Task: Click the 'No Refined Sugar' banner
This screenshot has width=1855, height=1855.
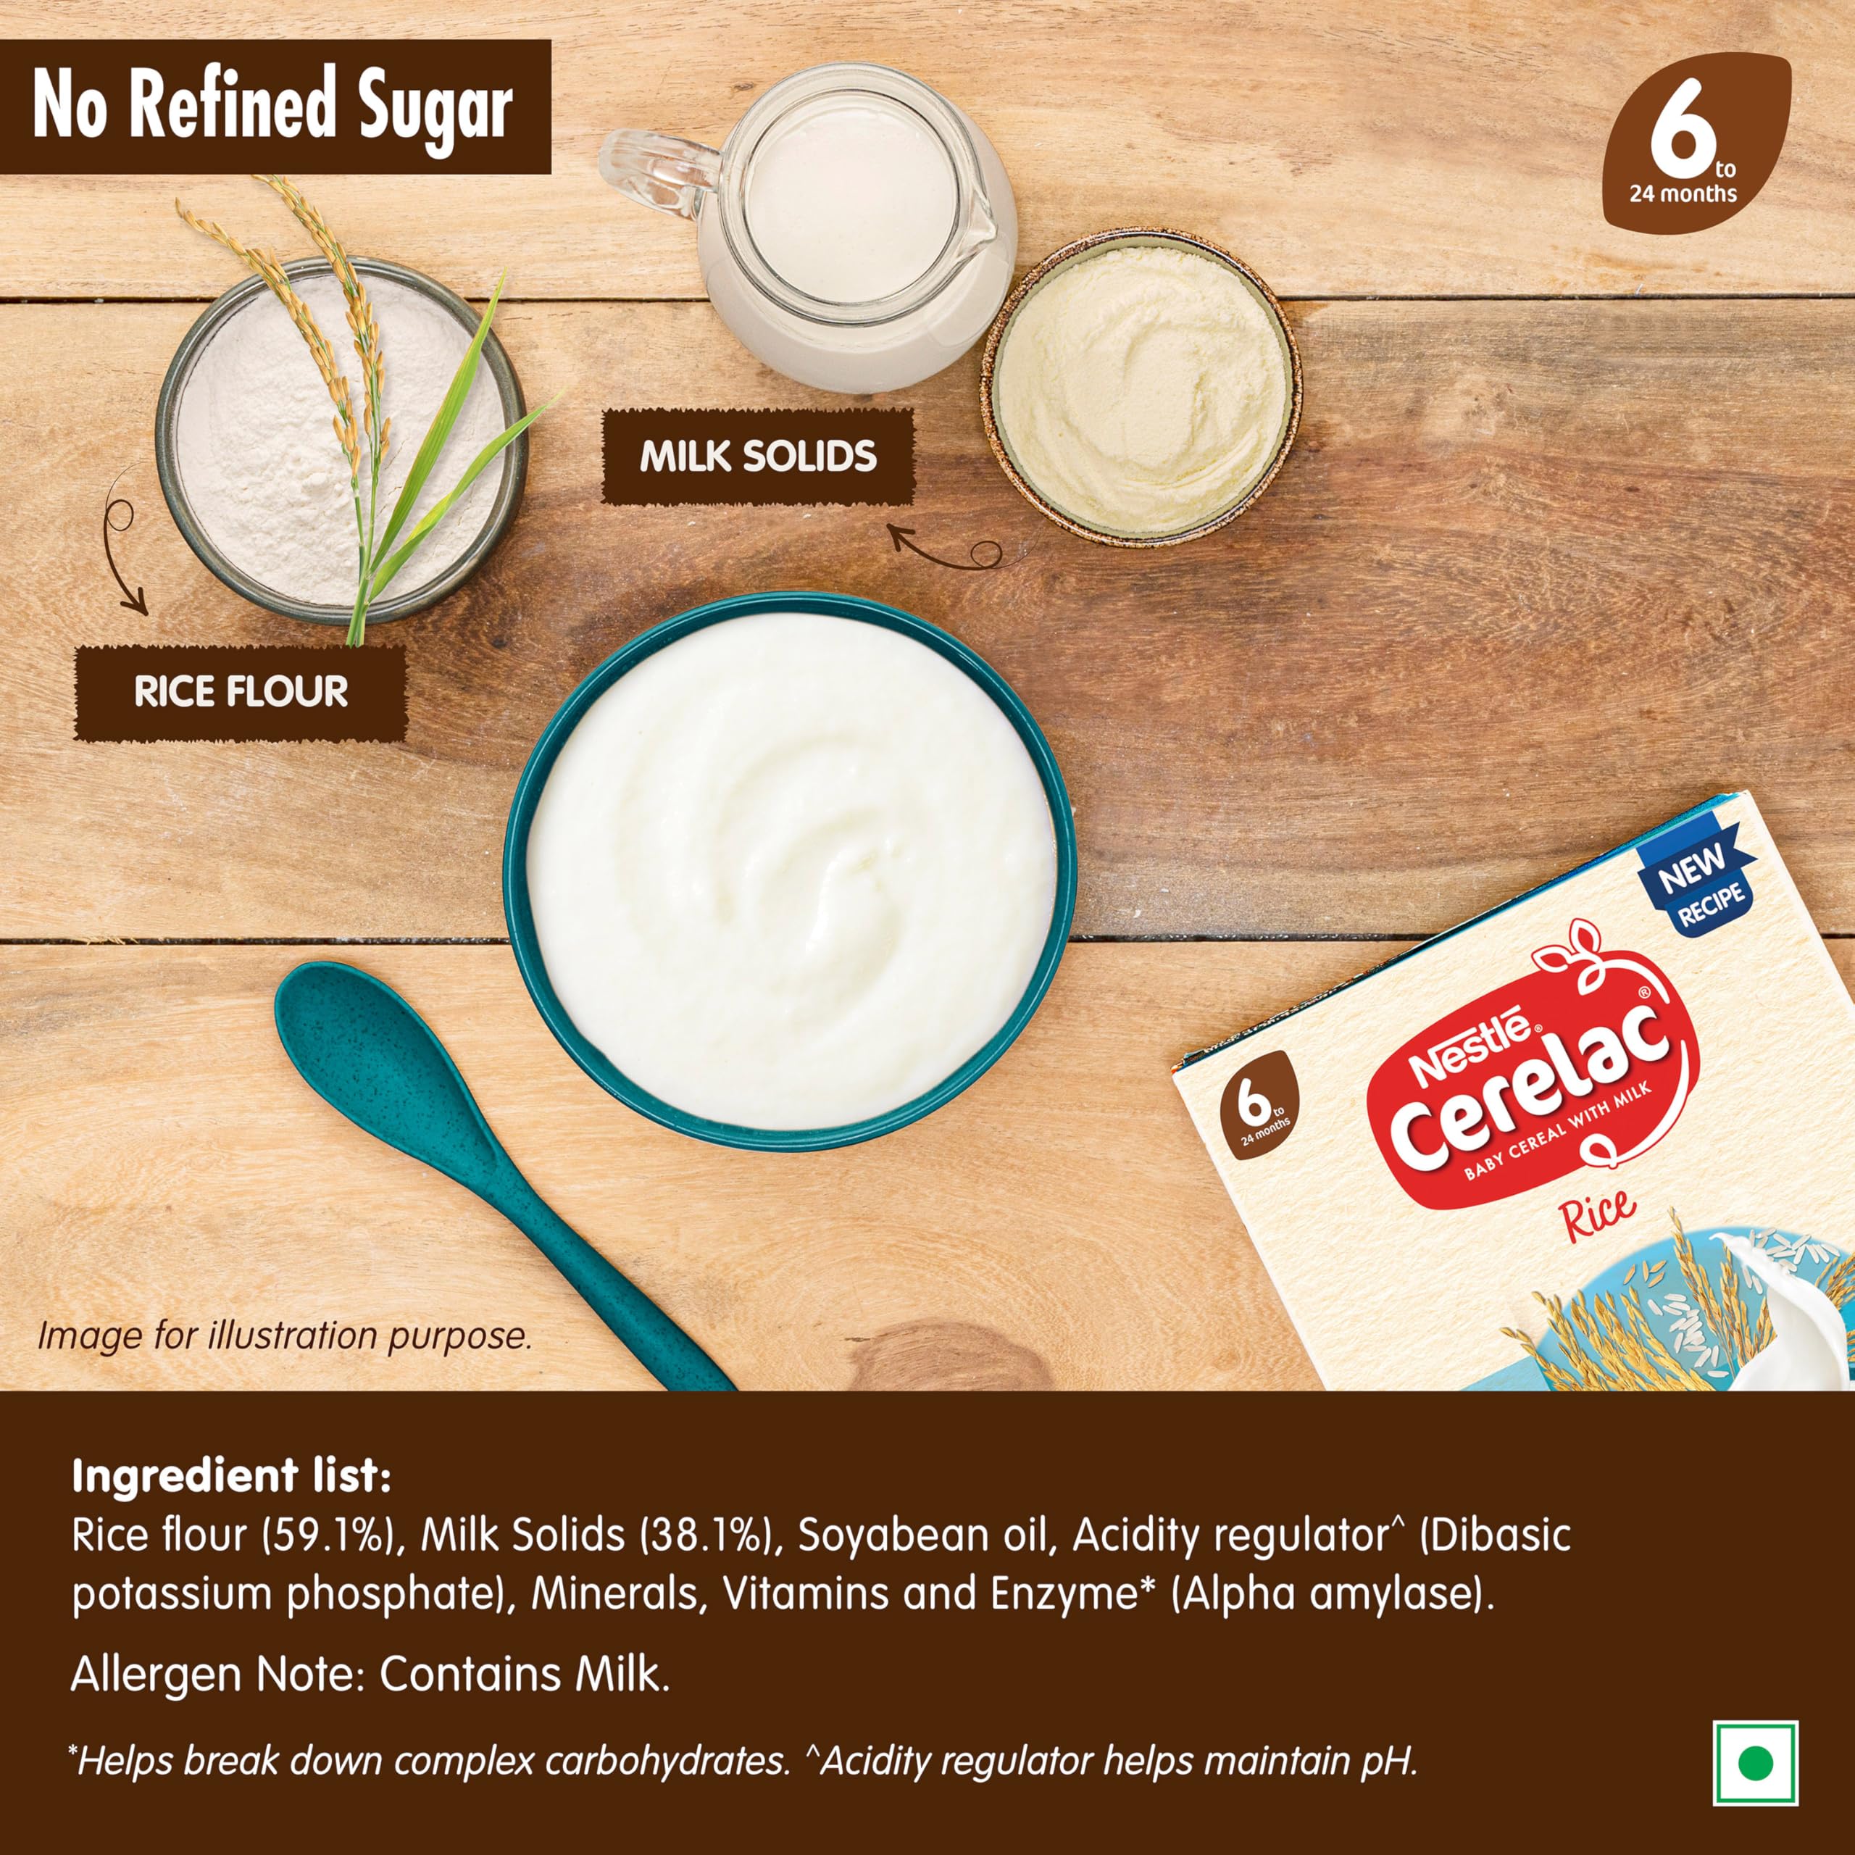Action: [x=275, y=107]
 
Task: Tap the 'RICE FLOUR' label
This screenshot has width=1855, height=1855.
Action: [x=241, y=692]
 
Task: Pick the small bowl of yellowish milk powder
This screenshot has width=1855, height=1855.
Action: [x=1141, y=386]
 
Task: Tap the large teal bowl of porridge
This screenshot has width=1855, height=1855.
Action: [x=791, y=871]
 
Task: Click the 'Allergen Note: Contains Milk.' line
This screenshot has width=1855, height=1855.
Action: [x=370, y=1675]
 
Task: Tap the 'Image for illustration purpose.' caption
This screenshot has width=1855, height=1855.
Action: [x=284, y=1336]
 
